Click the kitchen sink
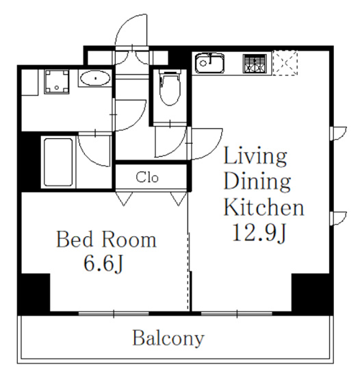pos(209,62)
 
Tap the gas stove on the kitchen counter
pos(255,64)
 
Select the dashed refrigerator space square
pos(285,63)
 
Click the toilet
pos(170,87)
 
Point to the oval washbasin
pos(95,78)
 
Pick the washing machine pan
pos(57,81)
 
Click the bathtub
pos(58,162)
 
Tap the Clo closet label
pos(147,177)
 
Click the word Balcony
pos(168,338)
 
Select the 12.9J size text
pos(259,233)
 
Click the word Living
pos(255,157)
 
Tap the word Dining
pos(257,182)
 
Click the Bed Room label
pos(106,240)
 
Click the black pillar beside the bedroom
pos(34,294)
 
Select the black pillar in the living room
pos(312,294)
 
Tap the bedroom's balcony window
pos(114,314)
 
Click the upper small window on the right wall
pos(338,133)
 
